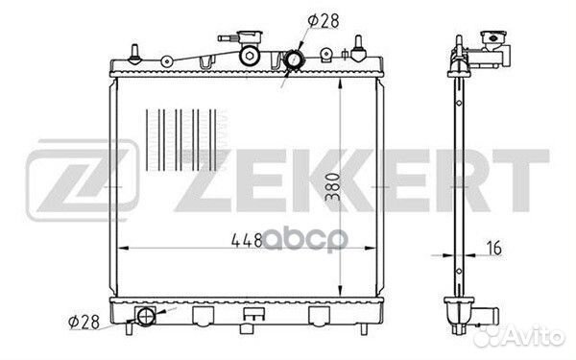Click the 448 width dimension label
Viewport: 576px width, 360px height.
[x=247, y=240]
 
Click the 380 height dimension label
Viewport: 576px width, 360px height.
[x=333, y=187]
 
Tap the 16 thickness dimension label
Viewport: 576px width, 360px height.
[x=494, y=248]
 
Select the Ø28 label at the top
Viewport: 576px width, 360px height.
[x=324, y=20]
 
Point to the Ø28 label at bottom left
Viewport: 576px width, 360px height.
[x=84, y=323]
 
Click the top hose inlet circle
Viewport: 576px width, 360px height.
[x=295, y=60]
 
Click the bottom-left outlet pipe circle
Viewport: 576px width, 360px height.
[x=146, y=316]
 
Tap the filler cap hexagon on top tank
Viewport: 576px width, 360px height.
[x=250, y=56]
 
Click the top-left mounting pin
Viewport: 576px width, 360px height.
[x=134, y=54]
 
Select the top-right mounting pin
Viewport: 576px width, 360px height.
[x=358, y=48]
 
